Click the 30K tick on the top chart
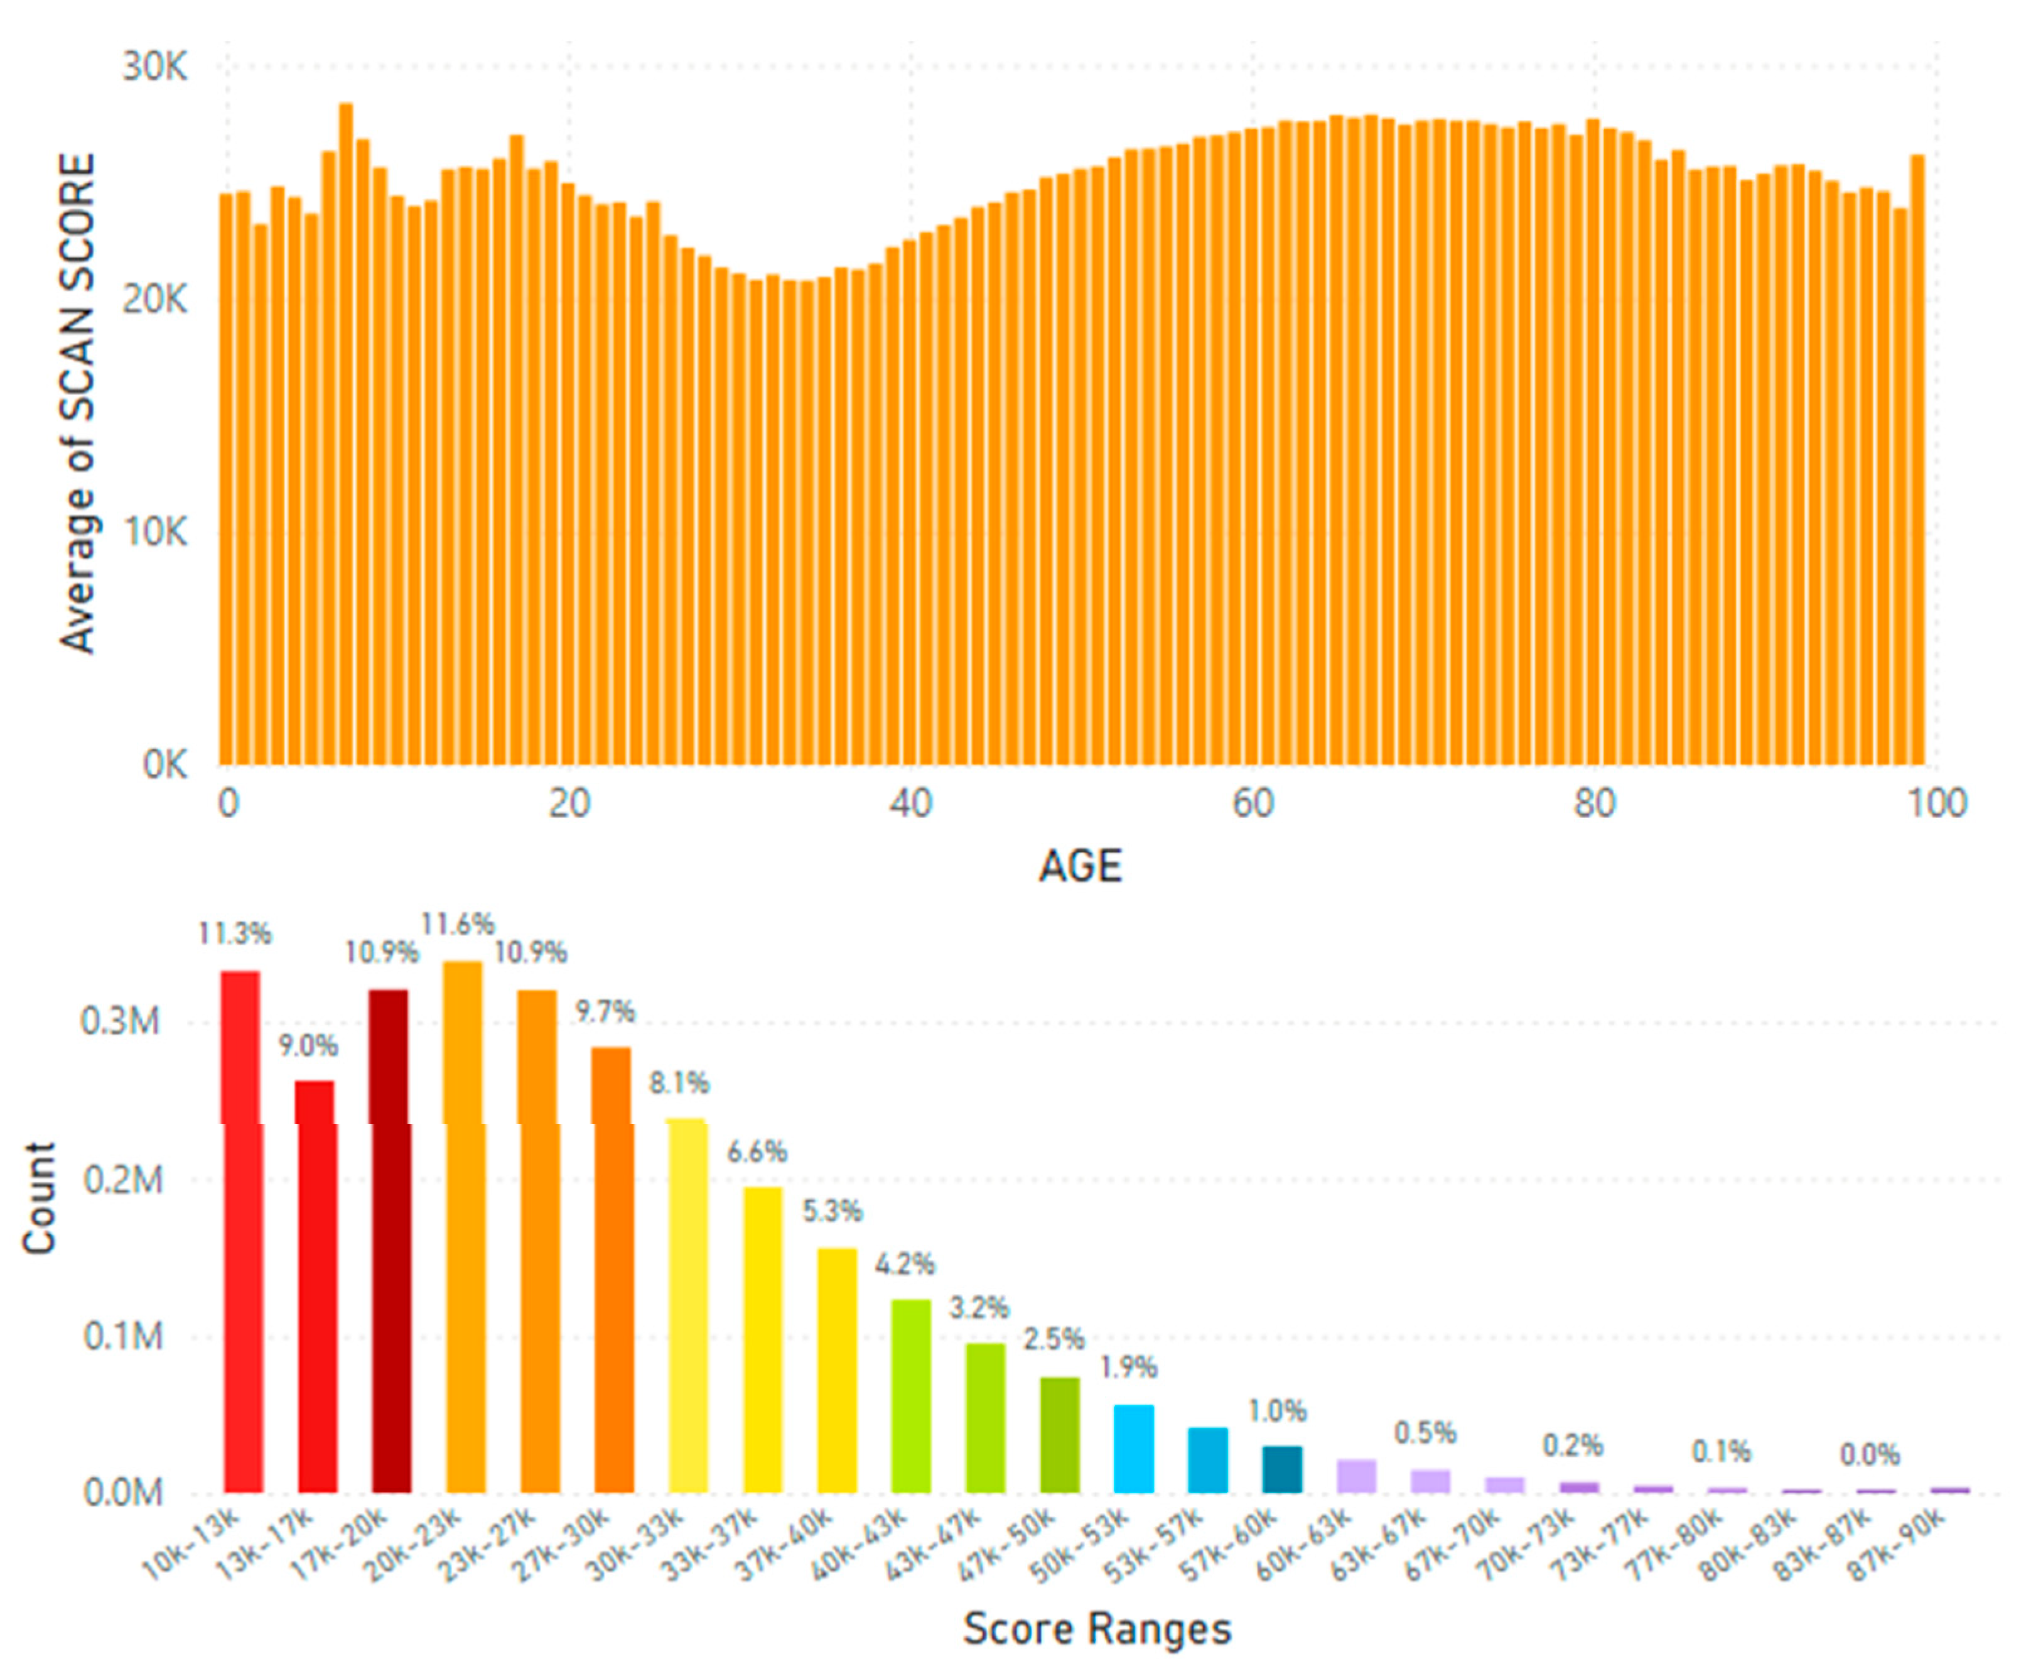pos(154,67)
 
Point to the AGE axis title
pos(1080,866)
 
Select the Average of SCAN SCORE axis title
pos(77,405)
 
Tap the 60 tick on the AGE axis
pos(1253,803)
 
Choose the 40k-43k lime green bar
pos(910,1396)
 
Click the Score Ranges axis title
pos(1097,1629)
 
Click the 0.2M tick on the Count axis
pos(122,1179)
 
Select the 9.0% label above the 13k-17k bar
pos(308,1045)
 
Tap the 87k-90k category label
pos(1896,1545)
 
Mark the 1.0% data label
pos(1277,1412)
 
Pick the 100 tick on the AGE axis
pos(1936,803)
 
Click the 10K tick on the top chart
pos(154,532)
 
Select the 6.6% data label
pos(757,1151)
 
